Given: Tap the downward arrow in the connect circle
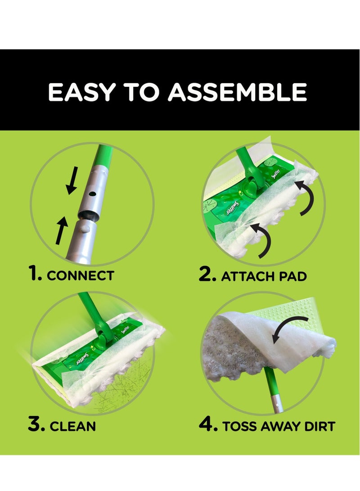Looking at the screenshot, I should click(72, 180).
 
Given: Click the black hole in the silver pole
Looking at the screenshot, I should click(92, 194).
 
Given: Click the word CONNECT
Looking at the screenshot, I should click(81, 275).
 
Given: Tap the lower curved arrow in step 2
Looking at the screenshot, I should click(262, 239).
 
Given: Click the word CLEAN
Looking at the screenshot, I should click(73, 426).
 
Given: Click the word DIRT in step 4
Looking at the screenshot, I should click(319, 426).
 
